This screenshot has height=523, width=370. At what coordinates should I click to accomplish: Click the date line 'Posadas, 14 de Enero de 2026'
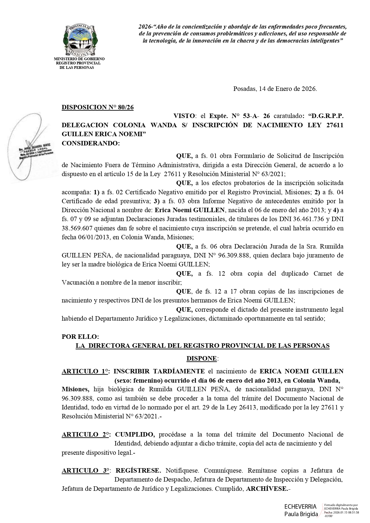pyautogui.click(x=275, y=89)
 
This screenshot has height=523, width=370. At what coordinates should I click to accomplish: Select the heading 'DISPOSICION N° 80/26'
pyautogui.click(x=97, y=107)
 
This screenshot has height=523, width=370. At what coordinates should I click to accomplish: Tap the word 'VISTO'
pyautogui.click(x=184, y=116)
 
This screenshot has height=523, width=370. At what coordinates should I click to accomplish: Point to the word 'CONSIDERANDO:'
pyautogui.click(x=91, y=143)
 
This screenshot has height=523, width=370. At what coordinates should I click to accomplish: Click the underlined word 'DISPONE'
pyautogui.click(x=202, y=359)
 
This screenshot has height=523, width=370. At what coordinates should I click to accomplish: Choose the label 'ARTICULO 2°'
pyautogui.click(x=85, y=434)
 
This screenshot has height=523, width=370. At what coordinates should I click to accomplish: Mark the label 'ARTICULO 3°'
pyautogui.click(x=85, y=471)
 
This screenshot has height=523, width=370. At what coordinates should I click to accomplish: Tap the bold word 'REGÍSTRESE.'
pyautogui.click(x=138, y=471)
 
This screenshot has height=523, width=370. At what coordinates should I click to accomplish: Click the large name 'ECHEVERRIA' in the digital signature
pyautogui.click(x=300, y=507)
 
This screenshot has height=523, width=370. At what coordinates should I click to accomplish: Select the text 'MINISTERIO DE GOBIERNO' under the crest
pyautogui.click(x=79, y=59)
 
